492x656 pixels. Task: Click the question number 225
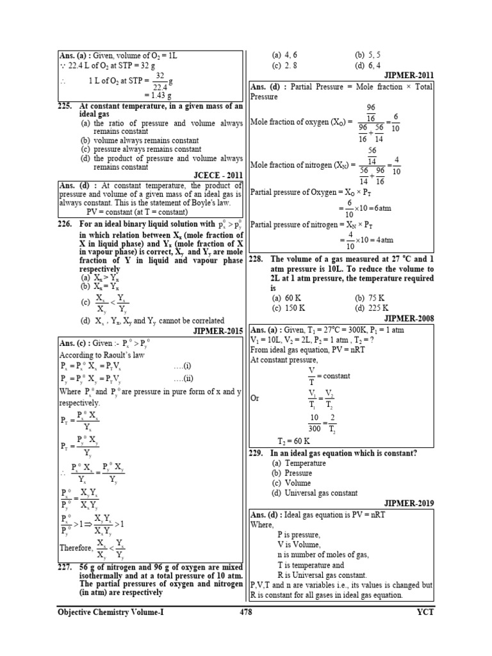pos(65,106)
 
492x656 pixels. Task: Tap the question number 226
pos(65,224)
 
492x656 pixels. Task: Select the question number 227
pos(65,567)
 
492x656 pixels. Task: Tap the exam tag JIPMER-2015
pos(218,331)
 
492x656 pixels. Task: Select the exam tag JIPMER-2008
pos(409,317)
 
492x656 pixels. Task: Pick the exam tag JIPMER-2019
pos(409,504)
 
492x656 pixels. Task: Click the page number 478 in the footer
pos(245,612)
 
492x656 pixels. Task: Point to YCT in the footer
pos(424,612)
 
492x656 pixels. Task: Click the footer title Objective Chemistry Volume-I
pos(111,612)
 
